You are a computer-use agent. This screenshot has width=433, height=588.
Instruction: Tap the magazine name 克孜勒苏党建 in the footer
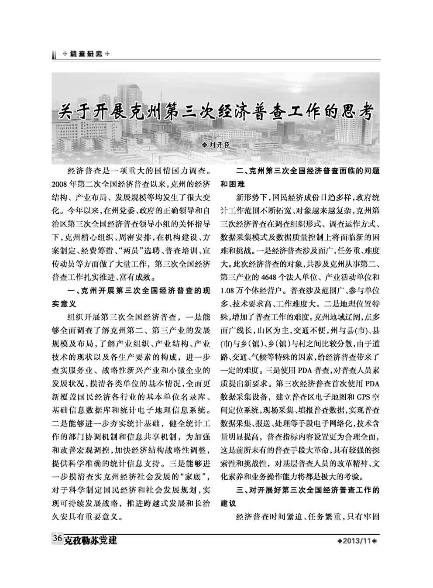pyautogui.click(x=90, y=540)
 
